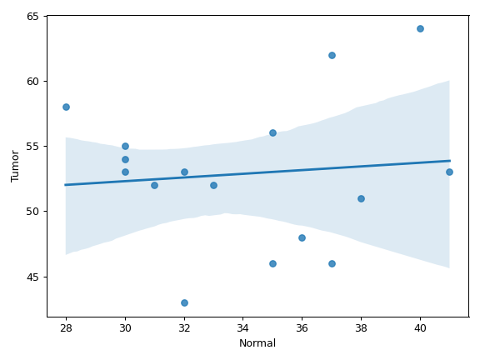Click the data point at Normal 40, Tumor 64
(x=420, y=29)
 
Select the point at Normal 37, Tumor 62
(x=332, y=55)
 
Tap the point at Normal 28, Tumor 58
(x=66, y=107)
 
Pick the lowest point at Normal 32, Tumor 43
(x=184, y=303)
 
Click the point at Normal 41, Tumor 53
(x=449, y=172)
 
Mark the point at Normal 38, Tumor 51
(x=361, y=198)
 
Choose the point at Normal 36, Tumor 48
(x=302, y=237)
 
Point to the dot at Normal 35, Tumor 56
(x=272, y=132)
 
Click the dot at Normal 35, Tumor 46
(x=272, y=264)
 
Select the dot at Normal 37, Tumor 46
(x=332, y=264)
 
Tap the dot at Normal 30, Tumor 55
(x=125, y=147)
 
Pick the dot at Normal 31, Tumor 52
(x=155, y=186)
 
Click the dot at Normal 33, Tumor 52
(x=213, y=186)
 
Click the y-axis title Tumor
(x=15, y=166)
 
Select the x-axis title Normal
(x=257, y=343)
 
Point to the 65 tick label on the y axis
(x=32, y=16)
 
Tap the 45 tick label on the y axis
(x=32, y=277)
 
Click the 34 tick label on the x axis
(x=242, y=328)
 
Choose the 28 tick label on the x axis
(x=66, y=328)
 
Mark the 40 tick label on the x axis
(x=420, y=328)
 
